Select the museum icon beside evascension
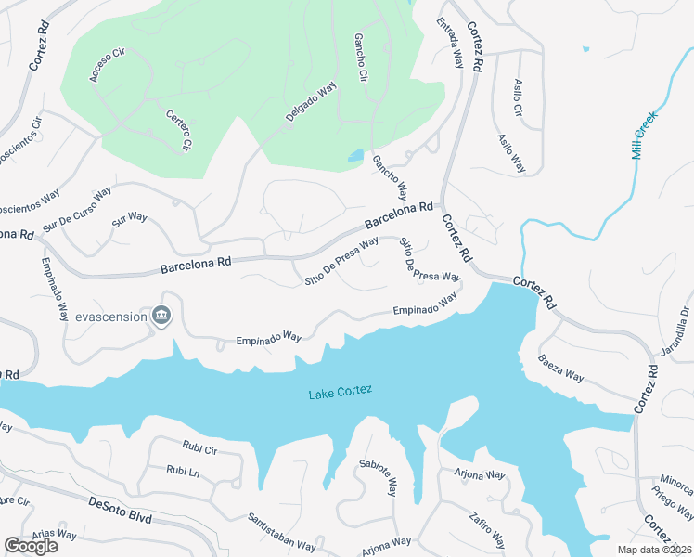point(162,317)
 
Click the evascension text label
point(112,317)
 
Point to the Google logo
point(31,545)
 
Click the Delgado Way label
point(311,103)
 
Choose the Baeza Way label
point(562,369)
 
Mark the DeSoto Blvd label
point(120,508)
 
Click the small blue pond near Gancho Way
point(355,156)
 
